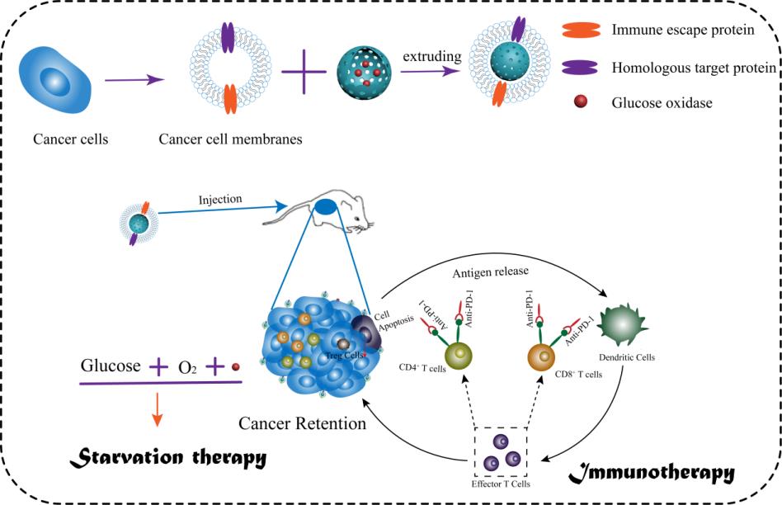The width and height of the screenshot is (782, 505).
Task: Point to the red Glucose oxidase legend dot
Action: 581,101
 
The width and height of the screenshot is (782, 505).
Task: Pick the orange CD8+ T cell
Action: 540,356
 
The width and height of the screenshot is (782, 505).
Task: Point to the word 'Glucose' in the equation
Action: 111,366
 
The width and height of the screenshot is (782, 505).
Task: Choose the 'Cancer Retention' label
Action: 302,423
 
